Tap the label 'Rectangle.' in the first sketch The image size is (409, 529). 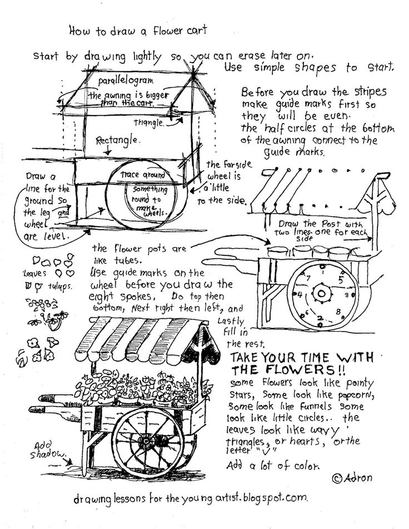coord(116,140)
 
